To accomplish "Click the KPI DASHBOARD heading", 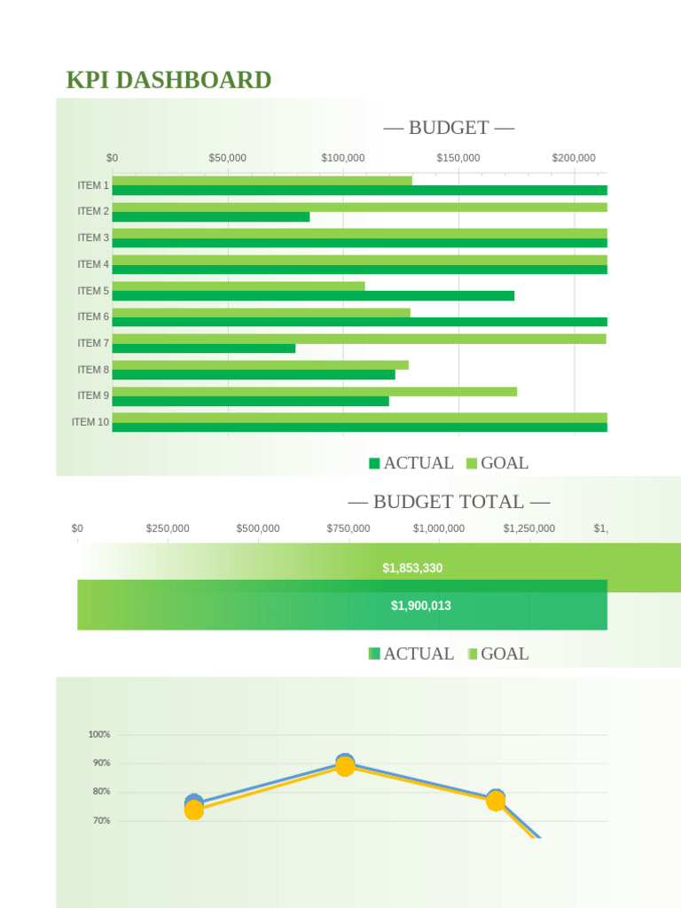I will click(168, 81).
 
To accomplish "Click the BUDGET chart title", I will click(449, 128).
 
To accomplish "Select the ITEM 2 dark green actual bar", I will click(211, 217).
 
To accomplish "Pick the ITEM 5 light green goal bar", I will click(239, 286).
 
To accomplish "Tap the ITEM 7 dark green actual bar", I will click(204, 348).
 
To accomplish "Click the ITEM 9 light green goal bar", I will click(315, 391).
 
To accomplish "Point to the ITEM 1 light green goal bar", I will click(262, 181).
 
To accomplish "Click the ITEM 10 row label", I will click(90, 422).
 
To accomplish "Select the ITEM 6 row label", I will click(93, 317).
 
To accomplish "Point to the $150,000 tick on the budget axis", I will click(458, 158).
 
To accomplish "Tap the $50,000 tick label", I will click(228, 158).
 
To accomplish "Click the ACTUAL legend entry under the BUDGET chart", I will click(411, 463).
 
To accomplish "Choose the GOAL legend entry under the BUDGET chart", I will click(497, 463).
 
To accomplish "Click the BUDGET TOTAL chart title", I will click(449, 502).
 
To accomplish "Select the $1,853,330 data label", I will click(412, 567).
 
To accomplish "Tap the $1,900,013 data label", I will click(421, 606).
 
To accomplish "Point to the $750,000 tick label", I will click(348, 528).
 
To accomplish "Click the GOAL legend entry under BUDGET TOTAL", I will click(497, 654).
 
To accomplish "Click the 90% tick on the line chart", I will click(99, 763).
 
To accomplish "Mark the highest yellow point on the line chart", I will click(346, 767).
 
